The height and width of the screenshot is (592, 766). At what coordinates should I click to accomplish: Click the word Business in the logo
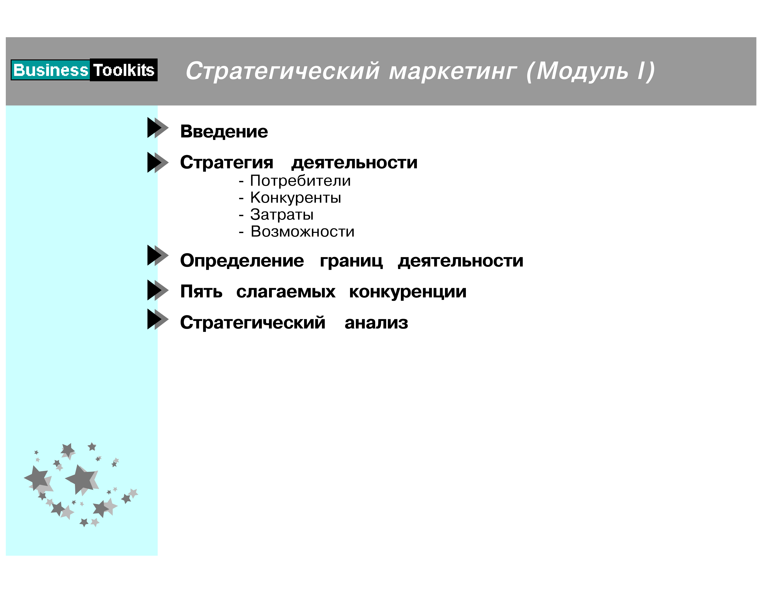click(51, 70)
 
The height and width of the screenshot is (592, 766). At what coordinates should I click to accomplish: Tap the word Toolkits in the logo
click(124, 70)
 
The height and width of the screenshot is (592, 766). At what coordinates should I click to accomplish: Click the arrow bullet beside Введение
click(158, 128)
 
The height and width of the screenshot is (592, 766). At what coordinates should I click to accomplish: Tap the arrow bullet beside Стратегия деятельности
click(158, 162)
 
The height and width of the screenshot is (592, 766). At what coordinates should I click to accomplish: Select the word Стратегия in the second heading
click(227, 162)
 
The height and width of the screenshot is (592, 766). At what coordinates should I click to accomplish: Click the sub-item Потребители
click(300, 181)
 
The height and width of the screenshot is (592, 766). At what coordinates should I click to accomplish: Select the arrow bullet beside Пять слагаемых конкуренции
click(158, 290)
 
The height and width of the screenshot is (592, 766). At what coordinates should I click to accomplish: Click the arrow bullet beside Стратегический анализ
click(158, 319)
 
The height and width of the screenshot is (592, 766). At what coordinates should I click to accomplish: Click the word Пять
click(201, 291)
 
